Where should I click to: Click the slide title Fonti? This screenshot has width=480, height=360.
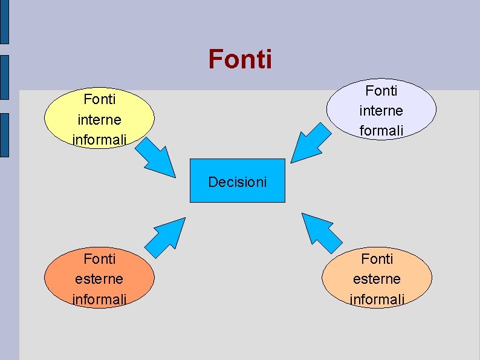240,59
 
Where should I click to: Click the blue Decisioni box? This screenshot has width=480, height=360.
237,180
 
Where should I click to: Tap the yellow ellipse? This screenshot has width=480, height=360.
99,119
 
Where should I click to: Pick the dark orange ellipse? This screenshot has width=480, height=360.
99,278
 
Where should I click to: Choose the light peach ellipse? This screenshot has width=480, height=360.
377,278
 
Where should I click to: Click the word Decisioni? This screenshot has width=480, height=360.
237,182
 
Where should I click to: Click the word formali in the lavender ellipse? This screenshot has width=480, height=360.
381,131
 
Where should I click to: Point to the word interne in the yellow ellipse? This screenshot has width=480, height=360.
99,119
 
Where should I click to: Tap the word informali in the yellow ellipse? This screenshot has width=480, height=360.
99,140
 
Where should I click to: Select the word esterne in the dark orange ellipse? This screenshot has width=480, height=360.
99,279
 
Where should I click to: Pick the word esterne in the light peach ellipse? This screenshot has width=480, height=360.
377,279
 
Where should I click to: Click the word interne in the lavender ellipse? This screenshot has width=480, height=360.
381,111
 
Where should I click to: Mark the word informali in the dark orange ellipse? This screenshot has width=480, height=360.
99,299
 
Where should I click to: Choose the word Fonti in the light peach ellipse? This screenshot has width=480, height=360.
377,259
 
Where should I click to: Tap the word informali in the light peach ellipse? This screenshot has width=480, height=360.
377,299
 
